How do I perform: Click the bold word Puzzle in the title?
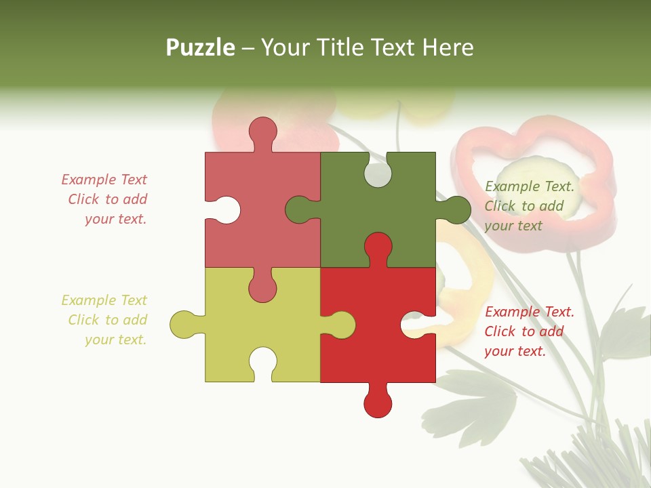click(200, 47)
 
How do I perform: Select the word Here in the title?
click(447, 47)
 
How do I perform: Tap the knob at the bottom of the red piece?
click(378, 404)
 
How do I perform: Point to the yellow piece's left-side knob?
click(183, 324)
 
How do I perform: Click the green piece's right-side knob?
click(456, 209)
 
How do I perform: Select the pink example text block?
click(105, 199)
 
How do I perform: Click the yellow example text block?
click(105, 320)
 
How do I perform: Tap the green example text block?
click(529, 206)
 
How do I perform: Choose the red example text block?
click(529, 331)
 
